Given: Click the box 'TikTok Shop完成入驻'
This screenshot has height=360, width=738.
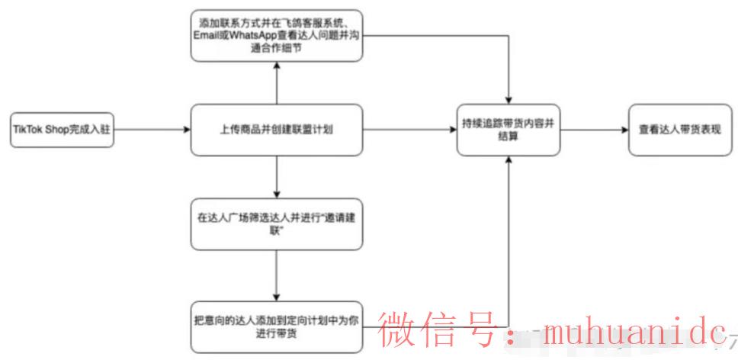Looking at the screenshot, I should tap(62, 130).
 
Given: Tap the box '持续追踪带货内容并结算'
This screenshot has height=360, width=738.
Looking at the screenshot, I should tap(509, 130).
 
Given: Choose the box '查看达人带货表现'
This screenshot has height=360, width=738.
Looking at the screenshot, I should tap(674, 130).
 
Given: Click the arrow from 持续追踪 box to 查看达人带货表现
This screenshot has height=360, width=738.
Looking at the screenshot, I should tap(594, 130).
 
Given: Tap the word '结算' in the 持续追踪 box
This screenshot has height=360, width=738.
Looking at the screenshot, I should tap(509, 140).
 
